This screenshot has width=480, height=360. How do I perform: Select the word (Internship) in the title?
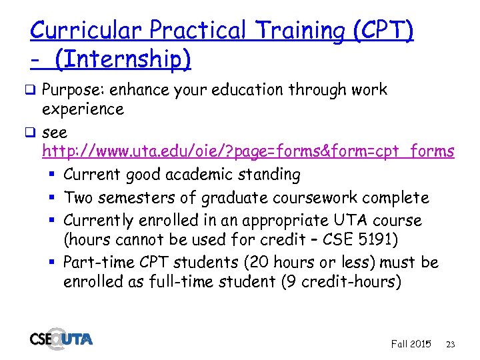(123, 60)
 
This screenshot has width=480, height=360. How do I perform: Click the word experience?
(83, 109)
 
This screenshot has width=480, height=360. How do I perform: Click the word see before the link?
(55, 132)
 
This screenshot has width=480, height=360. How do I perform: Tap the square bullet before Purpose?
(34, 90)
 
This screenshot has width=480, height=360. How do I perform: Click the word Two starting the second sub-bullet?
(78, 198)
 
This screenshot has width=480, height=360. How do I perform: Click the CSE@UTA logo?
(61, 338)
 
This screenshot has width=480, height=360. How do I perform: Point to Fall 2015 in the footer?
(411, 344)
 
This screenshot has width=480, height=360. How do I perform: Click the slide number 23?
(450, 345)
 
